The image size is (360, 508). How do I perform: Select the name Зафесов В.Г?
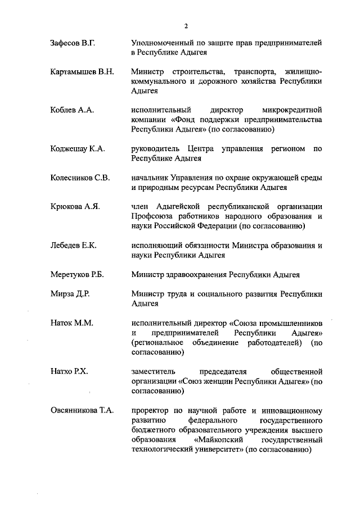pos(73,43)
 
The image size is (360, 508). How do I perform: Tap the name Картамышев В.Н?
pos(82,72)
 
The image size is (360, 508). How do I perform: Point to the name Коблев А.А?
pos(71,110)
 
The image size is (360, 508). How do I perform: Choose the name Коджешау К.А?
pos(77,149)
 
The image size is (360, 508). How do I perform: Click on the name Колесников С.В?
pos(80,178)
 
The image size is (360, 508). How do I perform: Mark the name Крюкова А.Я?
pos(75,207)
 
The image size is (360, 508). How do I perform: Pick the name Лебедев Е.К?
pos(74,246)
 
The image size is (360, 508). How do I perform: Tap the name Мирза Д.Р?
pos(70,294)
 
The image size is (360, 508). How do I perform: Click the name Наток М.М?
pos(71,323)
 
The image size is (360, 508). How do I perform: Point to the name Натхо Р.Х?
pos(70,371)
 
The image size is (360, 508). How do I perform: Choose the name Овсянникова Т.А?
pos(82,410)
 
